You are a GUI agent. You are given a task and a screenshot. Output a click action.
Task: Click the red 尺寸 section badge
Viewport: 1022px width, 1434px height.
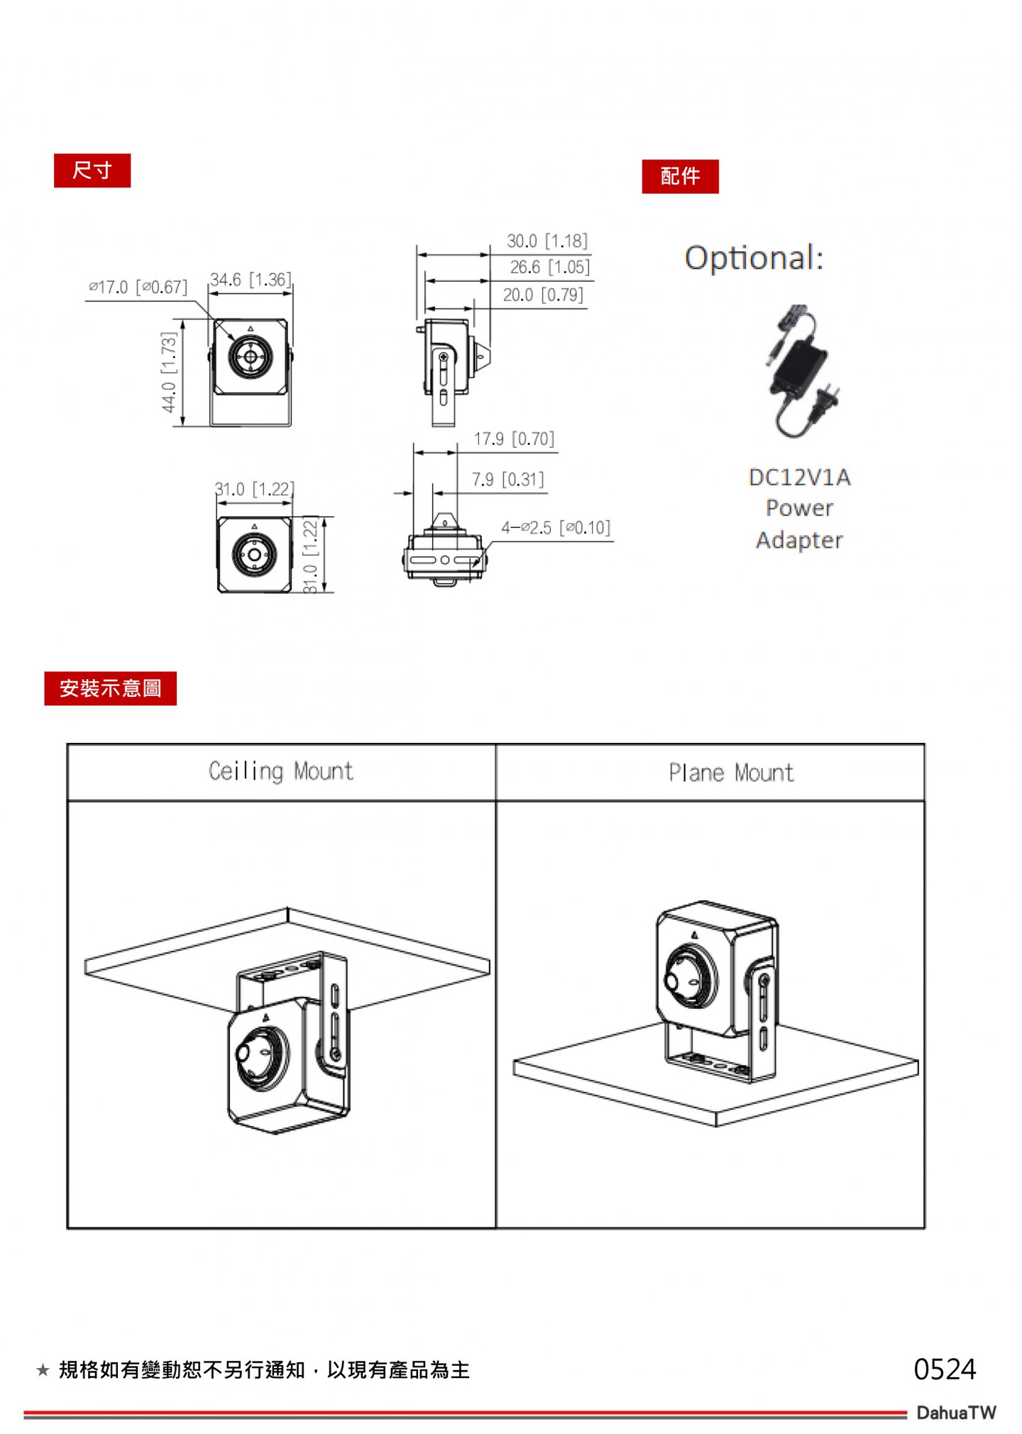pos(92,170)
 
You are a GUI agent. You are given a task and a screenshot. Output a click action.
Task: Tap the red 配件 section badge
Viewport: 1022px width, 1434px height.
pos(680,176)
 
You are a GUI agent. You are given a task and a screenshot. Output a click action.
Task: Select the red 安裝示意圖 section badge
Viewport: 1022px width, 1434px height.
pos(110,688)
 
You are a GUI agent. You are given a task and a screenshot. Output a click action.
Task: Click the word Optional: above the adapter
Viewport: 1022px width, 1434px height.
pos(754,258)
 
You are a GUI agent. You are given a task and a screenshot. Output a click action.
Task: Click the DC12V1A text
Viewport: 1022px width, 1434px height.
pos(799,477)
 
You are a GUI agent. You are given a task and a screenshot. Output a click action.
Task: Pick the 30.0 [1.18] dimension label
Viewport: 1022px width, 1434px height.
pos(547,241)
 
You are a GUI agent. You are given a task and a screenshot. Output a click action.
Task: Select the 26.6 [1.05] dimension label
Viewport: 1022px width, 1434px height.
pos(550,268)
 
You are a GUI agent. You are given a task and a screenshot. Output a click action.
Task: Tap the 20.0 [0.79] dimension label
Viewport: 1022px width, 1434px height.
pos(543,295)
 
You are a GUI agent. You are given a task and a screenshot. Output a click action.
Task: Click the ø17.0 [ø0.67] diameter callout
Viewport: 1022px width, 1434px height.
pos(138,287)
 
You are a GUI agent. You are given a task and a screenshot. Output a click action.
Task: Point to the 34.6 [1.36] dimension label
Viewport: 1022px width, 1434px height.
pos(251,280)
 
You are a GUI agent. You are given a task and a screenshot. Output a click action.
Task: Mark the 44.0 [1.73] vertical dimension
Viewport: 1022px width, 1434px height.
pos(168,372)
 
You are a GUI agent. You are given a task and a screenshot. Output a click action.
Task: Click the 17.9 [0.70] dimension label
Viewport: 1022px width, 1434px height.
pos(514,439)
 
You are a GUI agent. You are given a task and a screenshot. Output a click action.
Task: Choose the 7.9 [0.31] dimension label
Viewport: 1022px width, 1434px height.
pos(508,480)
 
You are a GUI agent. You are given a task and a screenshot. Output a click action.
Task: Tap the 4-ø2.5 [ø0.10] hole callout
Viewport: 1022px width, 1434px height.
pos(556,528)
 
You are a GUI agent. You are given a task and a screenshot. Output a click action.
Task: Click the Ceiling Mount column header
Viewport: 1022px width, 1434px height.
pos(281,771)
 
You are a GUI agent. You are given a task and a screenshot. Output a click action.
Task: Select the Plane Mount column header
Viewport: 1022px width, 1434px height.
pos(731,773)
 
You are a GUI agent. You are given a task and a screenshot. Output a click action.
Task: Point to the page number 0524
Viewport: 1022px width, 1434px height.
pos(945,1369)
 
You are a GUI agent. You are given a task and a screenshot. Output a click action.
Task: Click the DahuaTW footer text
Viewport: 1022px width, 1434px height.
pos(956,1412)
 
